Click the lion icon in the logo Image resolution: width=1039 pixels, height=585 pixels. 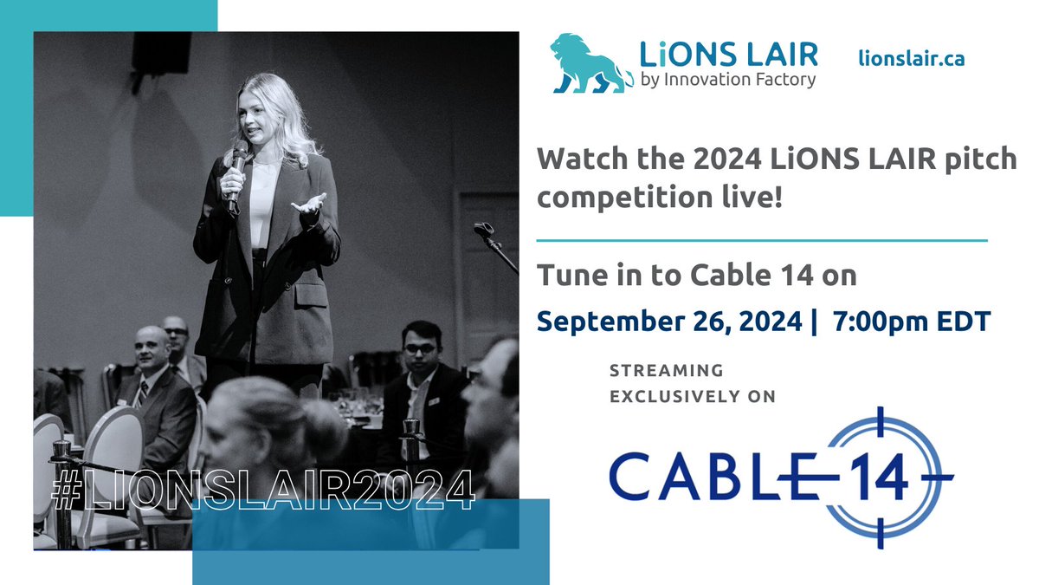(591, 62)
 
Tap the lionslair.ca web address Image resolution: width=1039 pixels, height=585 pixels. (911, 58)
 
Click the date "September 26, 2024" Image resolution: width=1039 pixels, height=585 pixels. (668, 321)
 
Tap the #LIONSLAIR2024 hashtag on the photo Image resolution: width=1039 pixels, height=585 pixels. (263, 490)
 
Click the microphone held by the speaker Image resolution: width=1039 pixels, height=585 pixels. (236, 173)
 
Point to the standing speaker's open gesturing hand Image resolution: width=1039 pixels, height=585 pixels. (309, 205)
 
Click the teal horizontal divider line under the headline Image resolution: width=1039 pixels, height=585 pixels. (762, 239)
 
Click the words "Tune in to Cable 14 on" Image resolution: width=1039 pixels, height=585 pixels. (697, 276)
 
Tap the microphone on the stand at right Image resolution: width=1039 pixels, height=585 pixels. (483, 231)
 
